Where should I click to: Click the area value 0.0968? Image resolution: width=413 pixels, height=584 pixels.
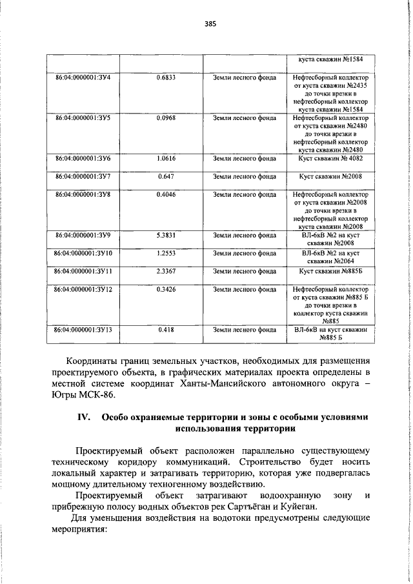(166, 118)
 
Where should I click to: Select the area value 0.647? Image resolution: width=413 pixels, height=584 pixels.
(166, 176)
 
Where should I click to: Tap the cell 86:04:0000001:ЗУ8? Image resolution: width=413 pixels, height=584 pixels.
(83, 194)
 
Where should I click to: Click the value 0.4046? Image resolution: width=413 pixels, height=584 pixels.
(166, 194)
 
